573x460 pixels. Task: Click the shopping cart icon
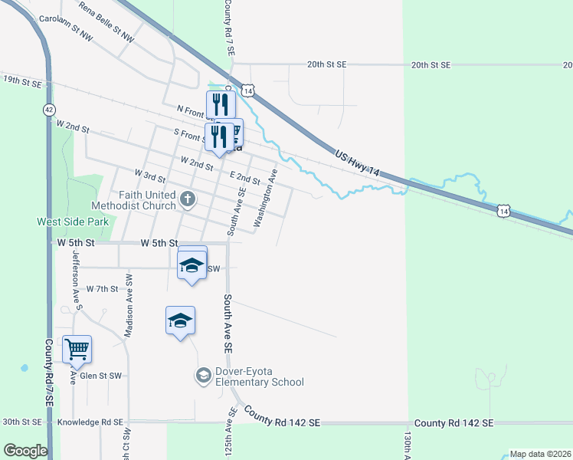(77, 350)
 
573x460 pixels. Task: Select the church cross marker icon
(188, 201)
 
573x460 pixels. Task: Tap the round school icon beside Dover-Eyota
(203, 375)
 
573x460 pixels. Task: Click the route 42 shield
(49, 110)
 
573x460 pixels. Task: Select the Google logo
(25, 451)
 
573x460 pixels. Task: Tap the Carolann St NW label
(66, 25)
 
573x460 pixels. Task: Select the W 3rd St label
(150, 177)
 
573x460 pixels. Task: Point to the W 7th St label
(103, 289)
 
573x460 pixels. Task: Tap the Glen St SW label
(100, 376)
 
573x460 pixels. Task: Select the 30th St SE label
(21, 422)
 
